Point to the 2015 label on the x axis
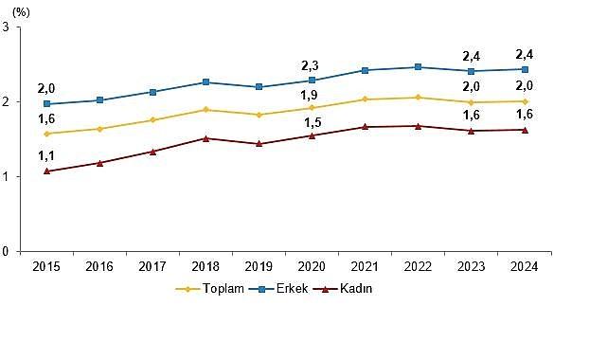47,267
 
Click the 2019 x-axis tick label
259,267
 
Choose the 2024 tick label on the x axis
524,267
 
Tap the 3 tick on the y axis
9,27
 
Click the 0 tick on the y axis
9,252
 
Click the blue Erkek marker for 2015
47,104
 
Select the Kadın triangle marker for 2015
47,171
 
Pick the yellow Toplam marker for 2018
206,110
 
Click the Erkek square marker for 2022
418,67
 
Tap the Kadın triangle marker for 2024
524,130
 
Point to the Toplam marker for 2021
365,99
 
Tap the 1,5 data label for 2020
312,121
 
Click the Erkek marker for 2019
259,87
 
